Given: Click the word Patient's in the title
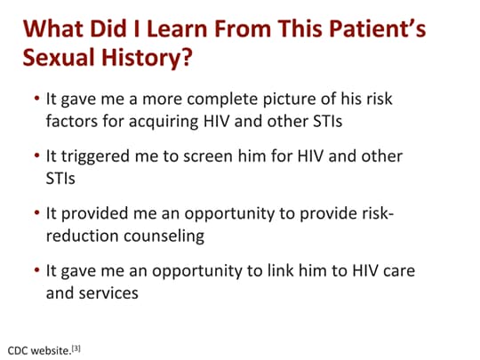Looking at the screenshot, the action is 378,28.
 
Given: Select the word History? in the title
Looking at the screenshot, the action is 147,58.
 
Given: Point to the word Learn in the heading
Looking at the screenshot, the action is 178,28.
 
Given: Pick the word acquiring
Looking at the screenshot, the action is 164,122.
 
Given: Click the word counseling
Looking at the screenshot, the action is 164,236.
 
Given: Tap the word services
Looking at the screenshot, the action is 108,293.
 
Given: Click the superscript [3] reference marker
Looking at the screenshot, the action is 76,348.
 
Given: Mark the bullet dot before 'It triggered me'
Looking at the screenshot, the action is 37,156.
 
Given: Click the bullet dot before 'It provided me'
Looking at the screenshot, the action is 37,212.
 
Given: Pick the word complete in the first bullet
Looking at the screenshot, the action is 222,100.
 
